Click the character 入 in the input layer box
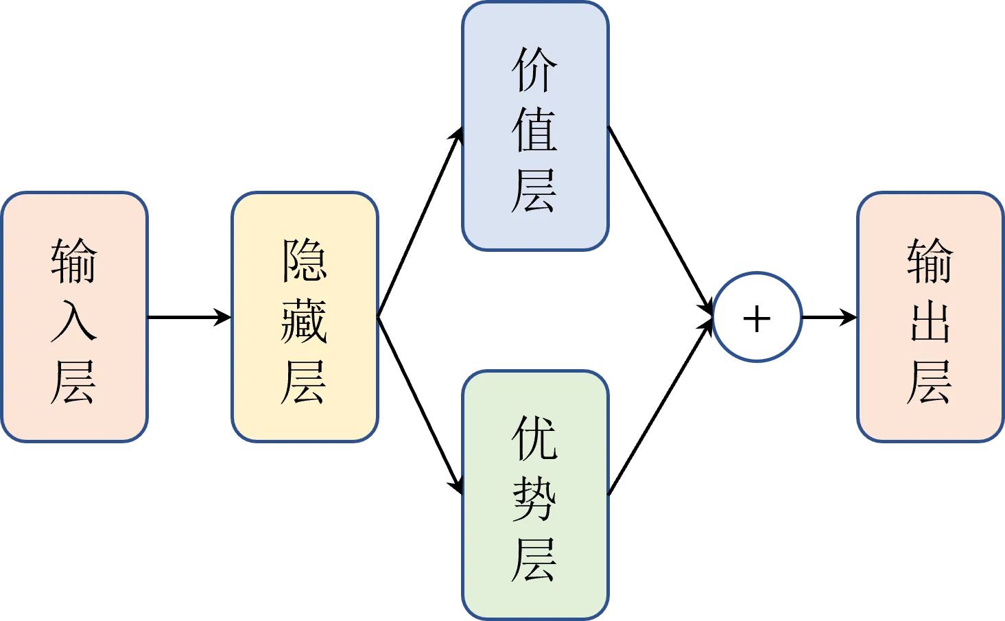click(x=74, y=321)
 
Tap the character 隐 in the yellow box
click(x=305, y=260)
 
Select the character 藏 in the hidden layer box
click(x=304, y=321)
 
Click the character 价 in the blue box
click(x=534, y=69)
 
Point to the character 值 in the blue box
click(x=534, y=130)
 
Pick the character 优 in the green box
click(x=534, y=438)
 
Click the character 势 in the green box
click(x=534, y=498)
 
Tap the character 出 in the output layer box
click(x=930, y=321)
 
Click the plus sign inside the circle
click(x=757, y=319)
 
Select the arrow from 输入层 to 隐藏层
click(x=189, y=317)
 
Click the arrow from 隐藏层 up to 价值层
click(x=421, y=222)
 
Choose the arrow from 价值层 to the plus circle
click(x=661, y=221)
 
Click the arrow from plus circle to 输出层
click(x=829, y=317)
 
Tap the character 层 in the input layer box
click(x=74, y=382)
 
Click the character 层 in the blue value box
click(x=534, y=191)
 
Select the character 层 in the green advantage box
click(x=534, y=559)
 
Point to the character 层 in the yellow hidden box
click(x=304, y=382)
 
